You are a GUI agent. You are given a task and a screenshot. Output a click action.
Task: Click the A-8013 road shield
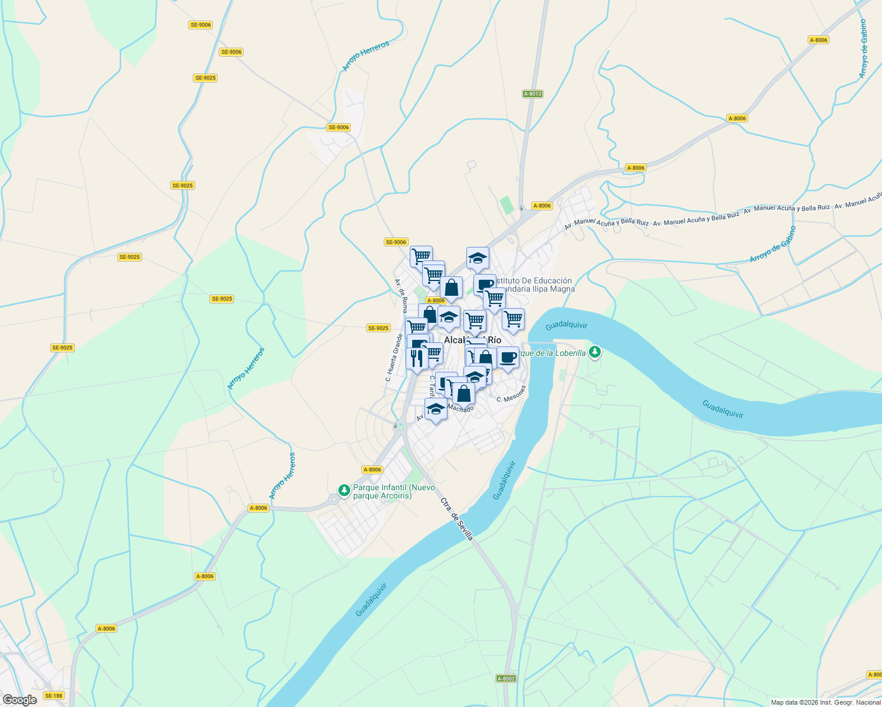click(x=532, y=94)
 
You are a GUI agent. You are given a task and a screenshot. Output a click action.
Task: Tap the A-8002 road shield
click(x=506, y=678)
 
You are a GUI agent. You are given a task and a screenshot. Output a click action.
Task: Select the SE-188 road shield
click(x=54, y=696)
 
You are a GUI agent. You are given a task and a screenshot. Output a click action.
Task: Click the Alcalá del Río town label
click(x=472, y=340)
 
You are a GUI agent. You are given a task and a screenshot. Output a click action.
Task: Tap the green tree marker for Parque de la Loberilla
click(x=595, y=352)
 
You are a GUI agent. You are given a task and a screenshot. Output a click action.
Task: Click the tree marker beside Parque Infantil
click(x=344, y=490)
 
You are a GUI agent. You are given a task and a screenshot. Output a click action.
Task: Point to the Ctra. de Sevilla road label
click(x=457, y=518)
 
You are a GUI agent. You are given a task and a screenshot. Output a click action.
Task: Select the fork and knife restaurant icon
click(x=417, y=358)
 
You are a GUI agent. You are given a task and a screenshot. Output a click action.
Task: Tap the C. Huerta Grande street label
click(x=394, y=358)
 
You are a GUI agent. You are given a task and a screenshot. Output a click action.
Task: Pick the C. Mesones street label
click(x=511, y=394)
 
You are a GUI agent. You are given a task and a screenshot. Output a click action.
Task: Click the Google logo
click(x=19, y=700)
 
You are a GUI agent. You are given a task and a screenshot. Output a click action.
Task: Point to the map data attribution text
click(x=825, y=702)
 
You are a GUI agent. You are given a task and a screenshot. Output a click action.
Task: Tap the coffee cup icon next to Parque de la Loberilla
click(x=508, y=357)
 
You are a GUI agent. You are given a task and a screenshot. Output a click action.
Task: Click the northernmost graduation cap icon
click(x=478, y=257)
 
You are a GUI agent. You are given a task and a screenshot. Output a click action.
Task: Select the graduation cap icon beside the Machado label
click(x=436, y=409)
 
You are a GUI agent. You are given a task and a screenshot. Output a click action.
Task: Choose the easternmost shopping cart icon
click(x=513, y=319)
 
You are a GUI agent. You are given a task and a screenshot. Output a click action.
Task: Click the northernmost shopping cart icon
click(x=421, y=256)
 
